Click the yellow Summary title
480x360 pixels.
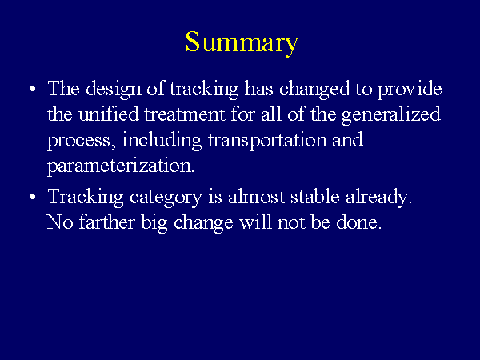[x=242, y=43]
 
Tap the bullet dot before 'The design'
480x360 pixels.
[x=33, y=89]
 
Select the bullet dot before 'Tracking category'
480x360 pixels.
[x=33, y=197]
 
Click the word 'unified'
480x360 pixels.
[x=109, y=114]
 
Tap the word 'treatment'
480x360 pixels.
[x=185, y=115]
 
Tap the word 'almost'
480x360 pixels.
[x=257, y=197]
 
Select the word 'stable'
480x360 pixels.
[x=315, y=197]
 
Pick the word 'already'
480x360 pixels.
[x=378, y=198]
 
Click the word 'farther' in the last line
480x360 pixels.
[x=107, y=222]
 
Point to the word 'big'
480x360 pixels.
[x=154, y=223]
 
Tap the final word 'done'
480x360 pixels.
[x=358, y=222]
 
